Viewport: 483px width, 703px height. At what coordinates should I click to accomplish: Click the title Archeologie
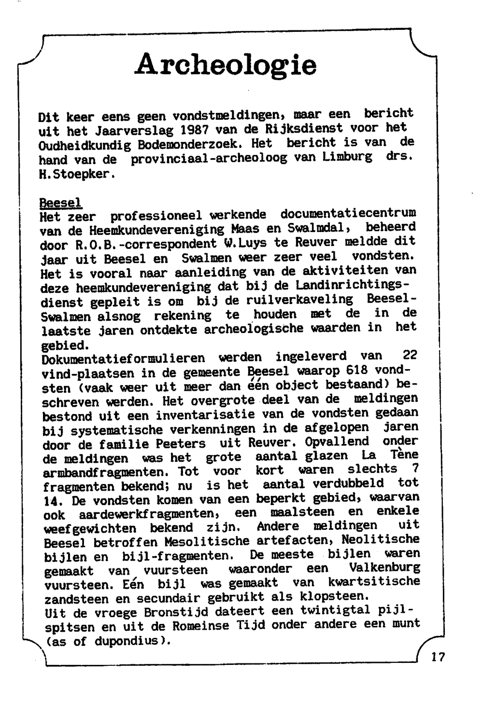226,65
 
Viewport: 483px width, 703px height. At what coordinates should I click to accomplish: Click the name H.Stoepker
77,174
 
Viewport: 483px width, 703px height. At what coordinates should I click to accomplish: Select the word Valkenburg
384,567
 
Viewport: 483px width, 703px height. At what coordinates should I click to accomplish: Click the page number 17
438,657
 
